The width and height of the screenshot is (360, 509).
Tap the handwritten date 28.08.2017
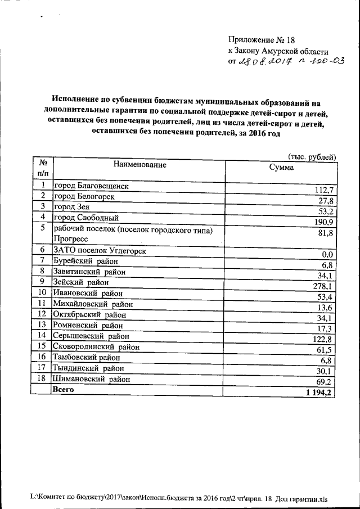coord(264,61)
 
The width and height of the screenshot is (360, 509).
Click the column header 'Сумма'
coord(281,167)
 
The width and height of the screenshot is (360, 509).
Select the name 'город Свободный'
coord(85,217)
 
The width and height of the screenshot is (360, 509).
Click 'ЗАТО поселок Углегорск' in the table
coord(100,250)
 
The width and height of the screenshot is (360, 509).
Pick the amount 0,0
coord(328,255)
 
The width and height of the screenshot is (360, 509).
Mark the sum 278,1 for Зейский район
coord(325,287)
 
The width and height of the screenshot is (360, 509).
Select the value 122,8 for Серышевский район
coord(324,339)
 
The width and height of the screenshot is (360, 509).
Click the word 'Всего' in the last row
coord(64,389)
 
